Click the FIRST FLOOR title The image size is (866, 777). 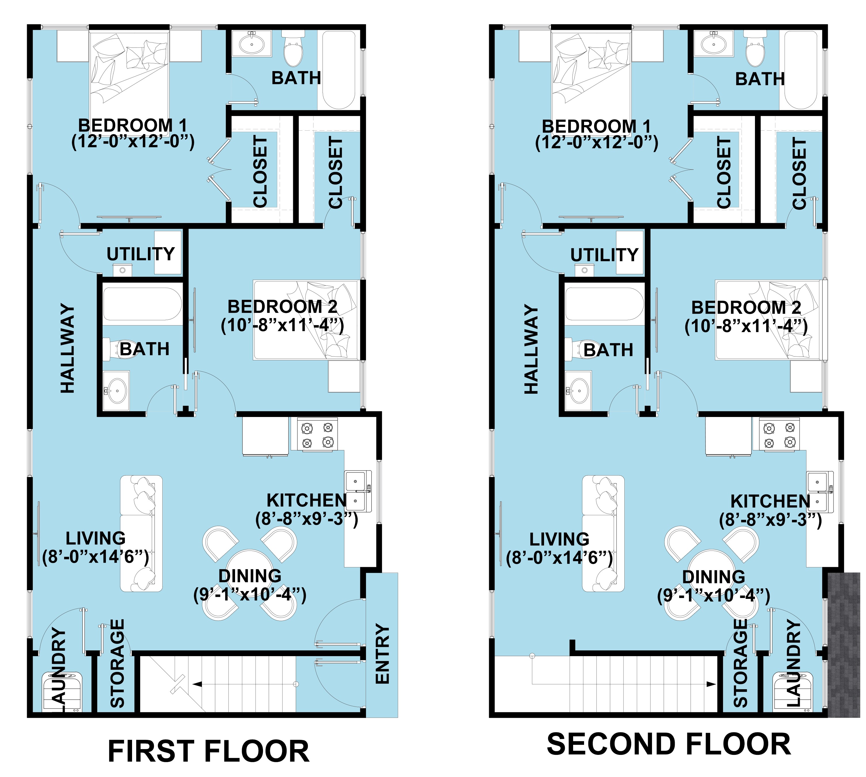208,751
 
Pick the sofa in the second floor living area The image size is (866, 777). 603,534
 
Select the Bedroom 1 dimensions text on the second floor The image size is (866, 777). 596,142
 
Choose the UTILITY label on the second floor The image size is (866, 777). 604,255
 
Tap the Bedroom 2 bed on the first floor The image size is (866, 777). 306,320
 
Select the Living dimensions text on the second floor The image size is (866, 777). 559,557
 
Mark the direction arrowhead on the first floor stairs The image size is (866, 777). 197,684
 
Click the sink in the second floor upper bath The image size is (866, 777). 714,43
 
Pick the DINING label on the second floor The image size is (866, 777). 714,577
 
